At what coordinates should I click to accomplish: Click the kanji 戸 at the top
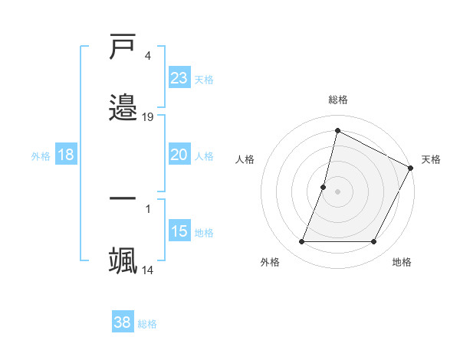pos(123,48)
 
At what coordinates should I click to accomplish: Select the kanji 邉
pos(123,106)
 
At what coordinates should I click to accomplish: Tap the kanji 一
pos(123,198)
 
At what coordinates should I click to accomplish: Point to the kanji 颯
pos(123,260)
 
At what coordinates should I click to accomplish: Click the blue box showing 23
pos(179,77)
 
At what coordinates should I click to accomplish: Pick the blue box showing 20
pos(179,155)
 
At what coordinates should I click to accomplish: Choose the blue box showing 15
pos(179,231)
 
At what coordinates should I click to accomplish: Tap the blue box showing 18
pos(66,155)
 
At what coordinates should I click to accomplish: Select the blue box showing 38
pos(123,322)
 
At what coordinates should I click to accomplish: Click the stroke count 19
pos(148,116)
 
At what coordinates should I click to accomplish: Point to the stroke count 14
pos(148,270)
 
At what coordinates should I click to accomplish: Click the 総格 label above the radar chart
pos(338,100)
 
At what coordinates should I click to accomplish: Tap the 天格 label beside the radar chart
pos(431,159)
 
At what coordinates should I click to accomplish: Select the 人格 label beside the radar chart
pos(245,159)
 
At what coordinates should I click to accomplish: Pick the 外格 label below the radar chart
pos(270,262)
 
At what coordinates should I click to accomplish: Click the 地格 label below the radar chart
pos(402,262)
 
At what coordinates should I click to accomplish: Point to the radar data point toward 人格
pos(324,187)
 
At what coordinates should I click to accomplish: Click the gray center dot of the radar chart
pos(338,191)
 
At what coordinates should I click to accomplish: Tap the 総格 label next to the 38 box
pos(147,324)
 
